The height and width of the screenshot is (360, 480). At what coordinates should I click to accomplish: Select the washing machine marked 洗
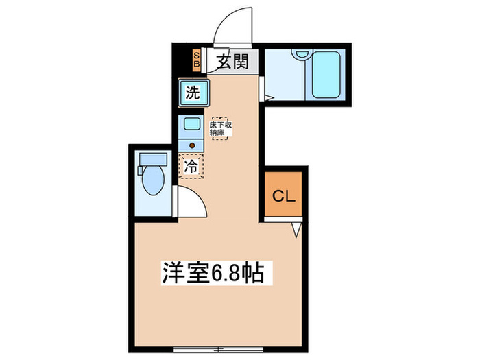pos(192,93)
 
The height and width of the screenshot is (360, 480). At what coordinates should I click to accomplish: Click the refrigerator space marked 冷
pos(192,166)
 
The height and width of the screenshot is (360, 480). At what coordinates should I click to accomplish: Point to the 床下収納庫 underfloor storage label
pos(219,129)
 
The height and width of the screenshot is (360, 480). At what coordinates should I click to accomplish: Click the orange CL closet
pos(283,196)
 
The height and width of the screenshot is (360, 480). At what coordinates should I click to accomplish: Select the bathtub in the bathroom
pos(326,74)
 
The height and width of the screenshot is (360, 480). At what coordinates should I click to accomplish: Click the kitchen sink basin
pos(191,125)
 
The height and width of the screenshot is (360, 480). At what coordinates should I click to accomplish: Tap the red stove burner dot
pos(192,145)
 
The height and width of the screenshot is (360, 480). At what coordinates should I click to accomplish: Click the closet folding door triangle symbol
pos(296,230)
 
